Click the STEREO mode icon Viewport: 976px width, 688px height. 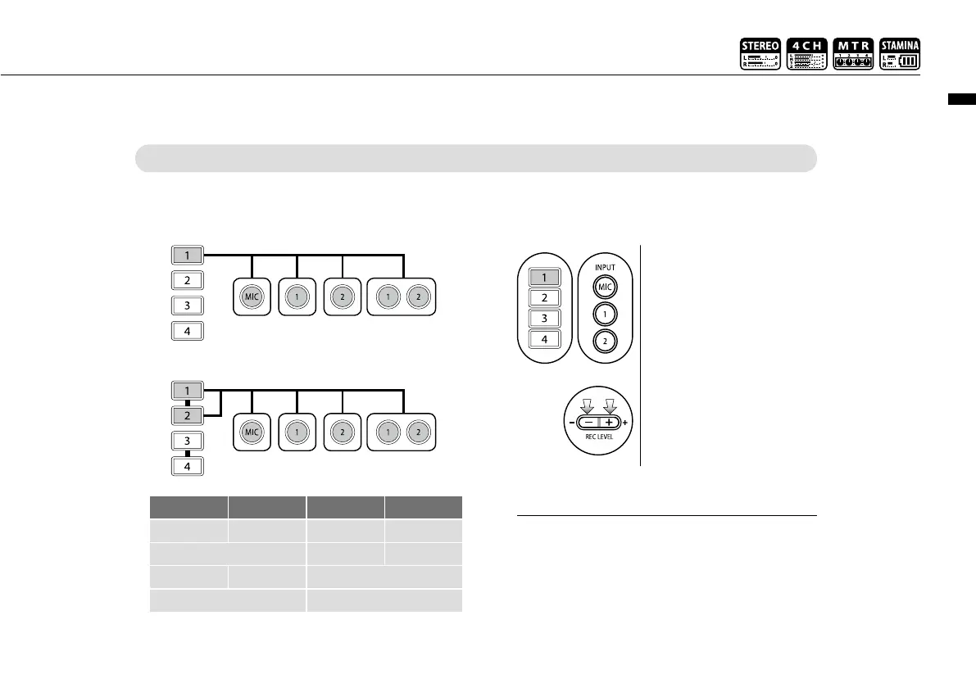pyautogui.click(x=760, y=53)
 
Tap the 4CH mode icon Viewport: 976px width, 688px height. pyautogui.click(x=806, y=53)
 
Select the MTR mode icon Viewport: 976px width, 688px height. pyautogui.click(x=853, y=53)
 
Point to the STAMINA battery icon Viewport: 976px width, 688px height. pyautogui.click(x=900, y=53)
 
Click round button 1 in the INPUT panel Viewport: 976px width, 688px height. pyautogui.click(x=605, y=315)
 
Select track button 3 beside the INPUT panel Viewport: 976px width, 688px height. pyautogui.click(x=544, y=319)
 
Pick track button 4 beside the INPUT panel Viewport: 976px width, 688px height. pyautogui.click(x=544, y=339)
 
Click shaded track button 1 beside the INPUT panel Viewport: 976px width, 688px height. pyautogui.click(x=544, y=277)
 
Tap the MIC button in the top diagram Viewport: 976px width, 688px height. pyautogui.click(x=252, y=296)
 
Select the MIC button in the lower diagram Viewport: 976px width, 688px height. pyautogui.click(x=252, y=431)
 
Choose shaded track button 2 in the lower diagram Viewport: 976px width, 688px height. pyautogui.click(x=188, y=415)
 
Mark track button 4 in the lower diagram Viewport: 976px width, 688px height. pyautogui.click(x=188, y=467)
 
